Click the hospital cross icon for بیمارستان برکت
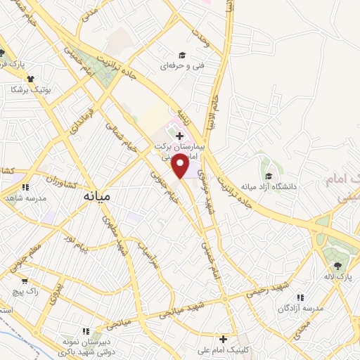[x=180, y=136]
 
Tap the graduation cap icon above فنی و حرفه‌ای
[x=182, y=55]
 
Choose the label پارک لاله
[x=339, y=276]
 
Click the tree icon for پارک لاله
[x=337, y=265]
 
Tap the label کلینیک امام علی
[x=224, y=349]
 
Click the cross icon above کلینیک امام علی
[x=224, y=338]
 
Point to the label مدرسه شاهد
[x=26, y=198]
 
